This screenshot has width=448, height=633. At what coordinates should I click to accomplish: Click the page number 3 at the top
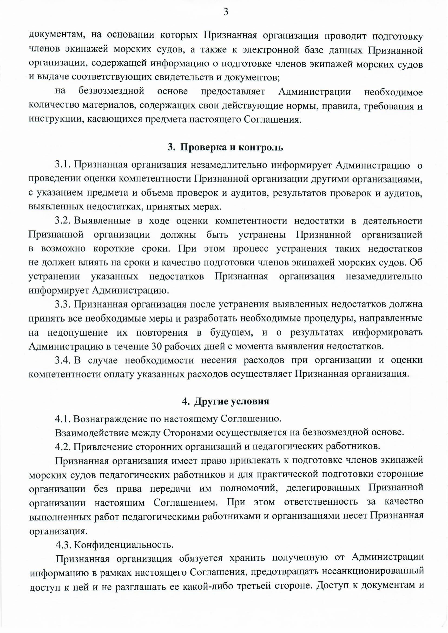(x=226, y=12)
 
